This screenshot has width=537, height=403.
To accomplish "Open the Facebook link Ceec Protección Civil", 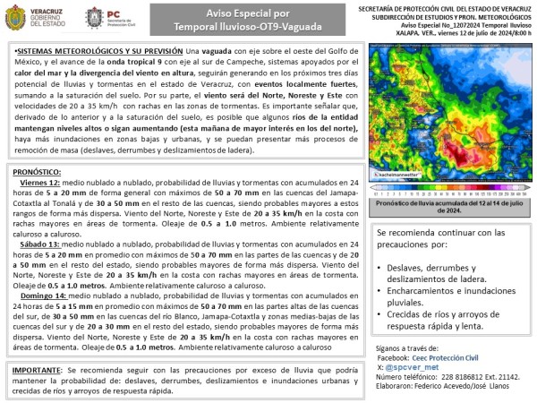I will click(457, 357).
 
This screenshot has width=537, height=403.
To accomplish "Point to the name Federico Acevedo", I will click(459, 387).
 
